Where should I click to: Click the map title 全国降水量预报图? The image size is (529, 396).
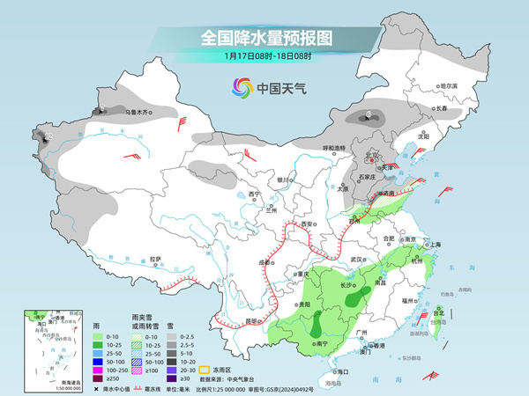click(264, 38)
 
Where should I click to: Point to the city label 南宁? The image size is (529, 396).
click(319, 343)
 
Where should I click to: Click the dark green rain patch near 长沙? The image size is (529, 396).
click(354, 299)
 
